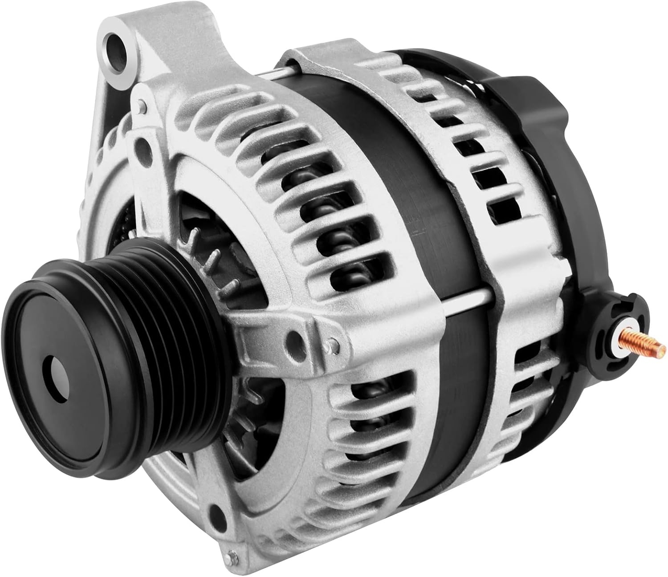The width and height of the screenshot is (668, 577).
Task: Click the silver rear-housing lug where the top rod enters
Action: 303,67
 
